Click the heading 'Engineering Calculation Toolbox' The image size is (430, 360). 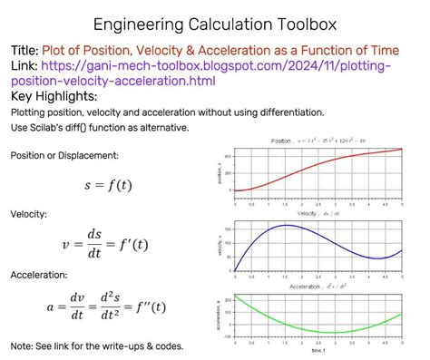pyautogui.click(x=214, y=23)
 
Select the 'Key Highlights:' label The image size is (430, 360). pyautogui.click(x=54, y=96)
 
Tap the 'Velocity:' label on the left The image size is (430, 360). pyautogui.click(x=29, y=214)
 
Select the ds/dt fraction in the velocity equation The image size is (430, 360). pyautogui.click(x=94, y=244)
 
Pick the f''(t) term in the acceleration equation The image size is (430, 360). pyautogui.click(x=146, y=306)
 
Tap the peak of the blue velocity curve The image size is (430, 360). pyautogui.click(x=286, y=225)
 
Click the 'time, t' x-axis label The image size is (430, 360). pyautogui.click(x=318, y=353)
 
